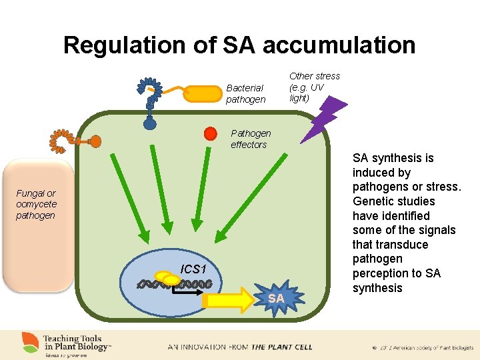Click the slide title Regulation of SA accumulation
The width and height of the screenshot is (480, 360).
point(239,45)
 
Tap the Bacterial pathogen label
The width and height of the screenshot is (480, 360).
point(245,93)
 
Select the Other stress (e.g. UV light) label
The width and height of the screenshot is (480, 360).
point(314,87)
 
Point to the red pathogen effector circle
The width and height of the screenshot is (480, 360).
point(211,133)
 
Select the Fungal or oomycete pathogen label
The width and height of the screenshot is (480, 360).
point(37,205)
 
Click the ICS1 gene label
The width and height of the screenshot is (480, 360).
point(193,269)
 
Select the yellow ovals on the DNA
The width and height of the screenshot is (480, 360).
point(167,277)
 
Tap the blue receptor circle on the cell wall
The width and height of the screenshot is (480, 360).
point(150,123)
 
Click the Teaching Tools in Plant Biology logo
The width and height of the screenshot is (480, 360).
point(67,343)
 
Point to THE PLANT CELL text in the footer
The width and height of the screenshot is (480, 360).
point(272,347)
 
